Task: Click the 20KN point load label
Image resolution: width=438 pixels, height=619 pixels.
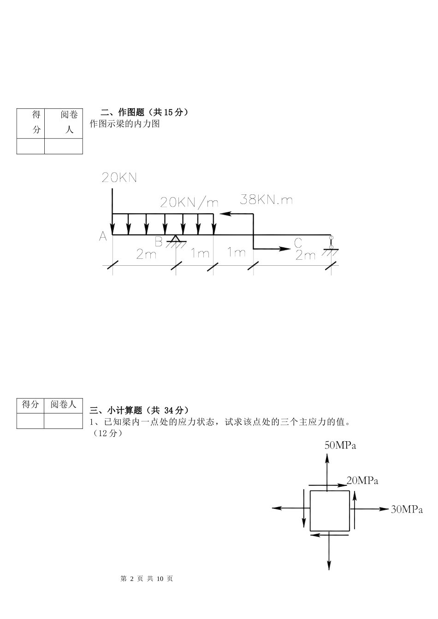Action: click(119, 178)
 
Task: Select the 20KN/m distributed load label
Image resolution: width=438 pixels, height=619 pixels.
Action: click(189, 202)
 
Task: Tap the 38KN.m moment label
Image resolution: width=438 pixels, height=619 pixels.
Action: click(266, 199)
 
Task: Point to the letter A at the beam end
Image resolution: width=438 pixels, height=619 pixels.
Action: click(103, 236)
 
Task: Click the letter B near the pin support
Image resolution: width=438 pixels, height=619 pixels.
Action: click(159, 242)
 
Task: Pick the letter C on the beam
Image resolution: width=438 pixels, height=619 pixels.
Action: click(298, 243)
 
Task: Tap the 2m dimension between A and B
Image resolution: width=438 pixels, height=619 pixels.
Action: click(146, 254)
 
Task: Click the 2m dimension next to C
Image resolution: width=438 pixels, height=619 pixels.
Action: click(305, 255)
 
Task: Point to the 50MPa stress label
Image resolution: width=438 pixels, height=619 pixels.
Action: click(340, 445)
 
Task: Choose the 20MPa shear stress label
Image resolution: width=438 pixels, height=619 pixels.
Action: click(362, 481)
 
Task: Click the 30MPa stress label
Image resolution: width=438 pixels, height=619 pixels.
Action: click(407, 509)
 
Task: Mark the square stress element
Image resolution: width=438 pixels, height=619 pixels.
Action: click(329, 510)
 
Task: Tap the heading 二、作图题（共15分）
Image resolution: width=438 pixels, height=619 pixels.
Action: click(144, 112)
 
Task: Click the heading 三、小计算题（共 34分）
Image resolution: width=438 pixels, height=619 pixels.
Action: click(139, 410)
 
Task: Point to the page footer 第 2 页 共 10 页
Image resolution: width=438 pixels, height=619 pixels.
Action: click(147, 578)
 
